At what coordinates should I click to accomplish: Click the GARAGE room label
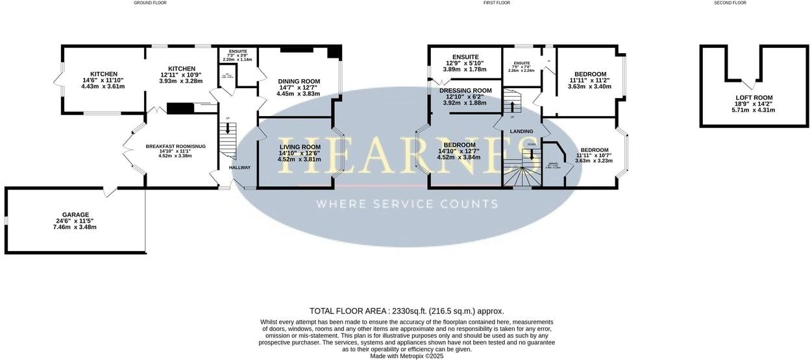tap(75, 215)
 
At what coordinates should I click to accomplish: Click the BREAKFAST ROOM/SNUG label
tap(175, 147)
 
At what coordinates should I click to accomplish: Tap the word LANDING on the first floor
tap(521, 132)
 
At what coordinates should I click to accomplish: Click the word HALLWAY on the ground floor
tap(239, 168)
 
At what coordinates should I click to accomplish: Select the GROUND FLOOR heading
tap(150, 3)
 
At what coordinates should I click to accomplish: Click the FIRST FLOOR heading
tap(497, 3)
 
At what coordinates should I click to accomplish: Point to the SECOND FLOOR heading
tap(730, 3)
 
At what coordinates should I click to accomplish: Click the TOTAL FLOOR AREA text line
tap(406, 311)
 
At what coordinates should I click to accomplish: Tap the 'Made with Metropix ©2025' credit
tap(406, 355)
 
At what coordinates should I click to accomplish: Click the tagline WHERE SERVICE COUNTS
tap(407, 204)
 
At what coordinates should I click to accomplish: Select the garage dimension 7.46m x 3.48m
tap(75, 227)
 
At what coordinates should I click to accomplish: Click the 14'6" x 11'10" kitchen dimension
tap(103, 80)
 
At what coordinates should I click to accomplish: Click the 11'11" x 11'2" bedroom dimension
tap(589, 80)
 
